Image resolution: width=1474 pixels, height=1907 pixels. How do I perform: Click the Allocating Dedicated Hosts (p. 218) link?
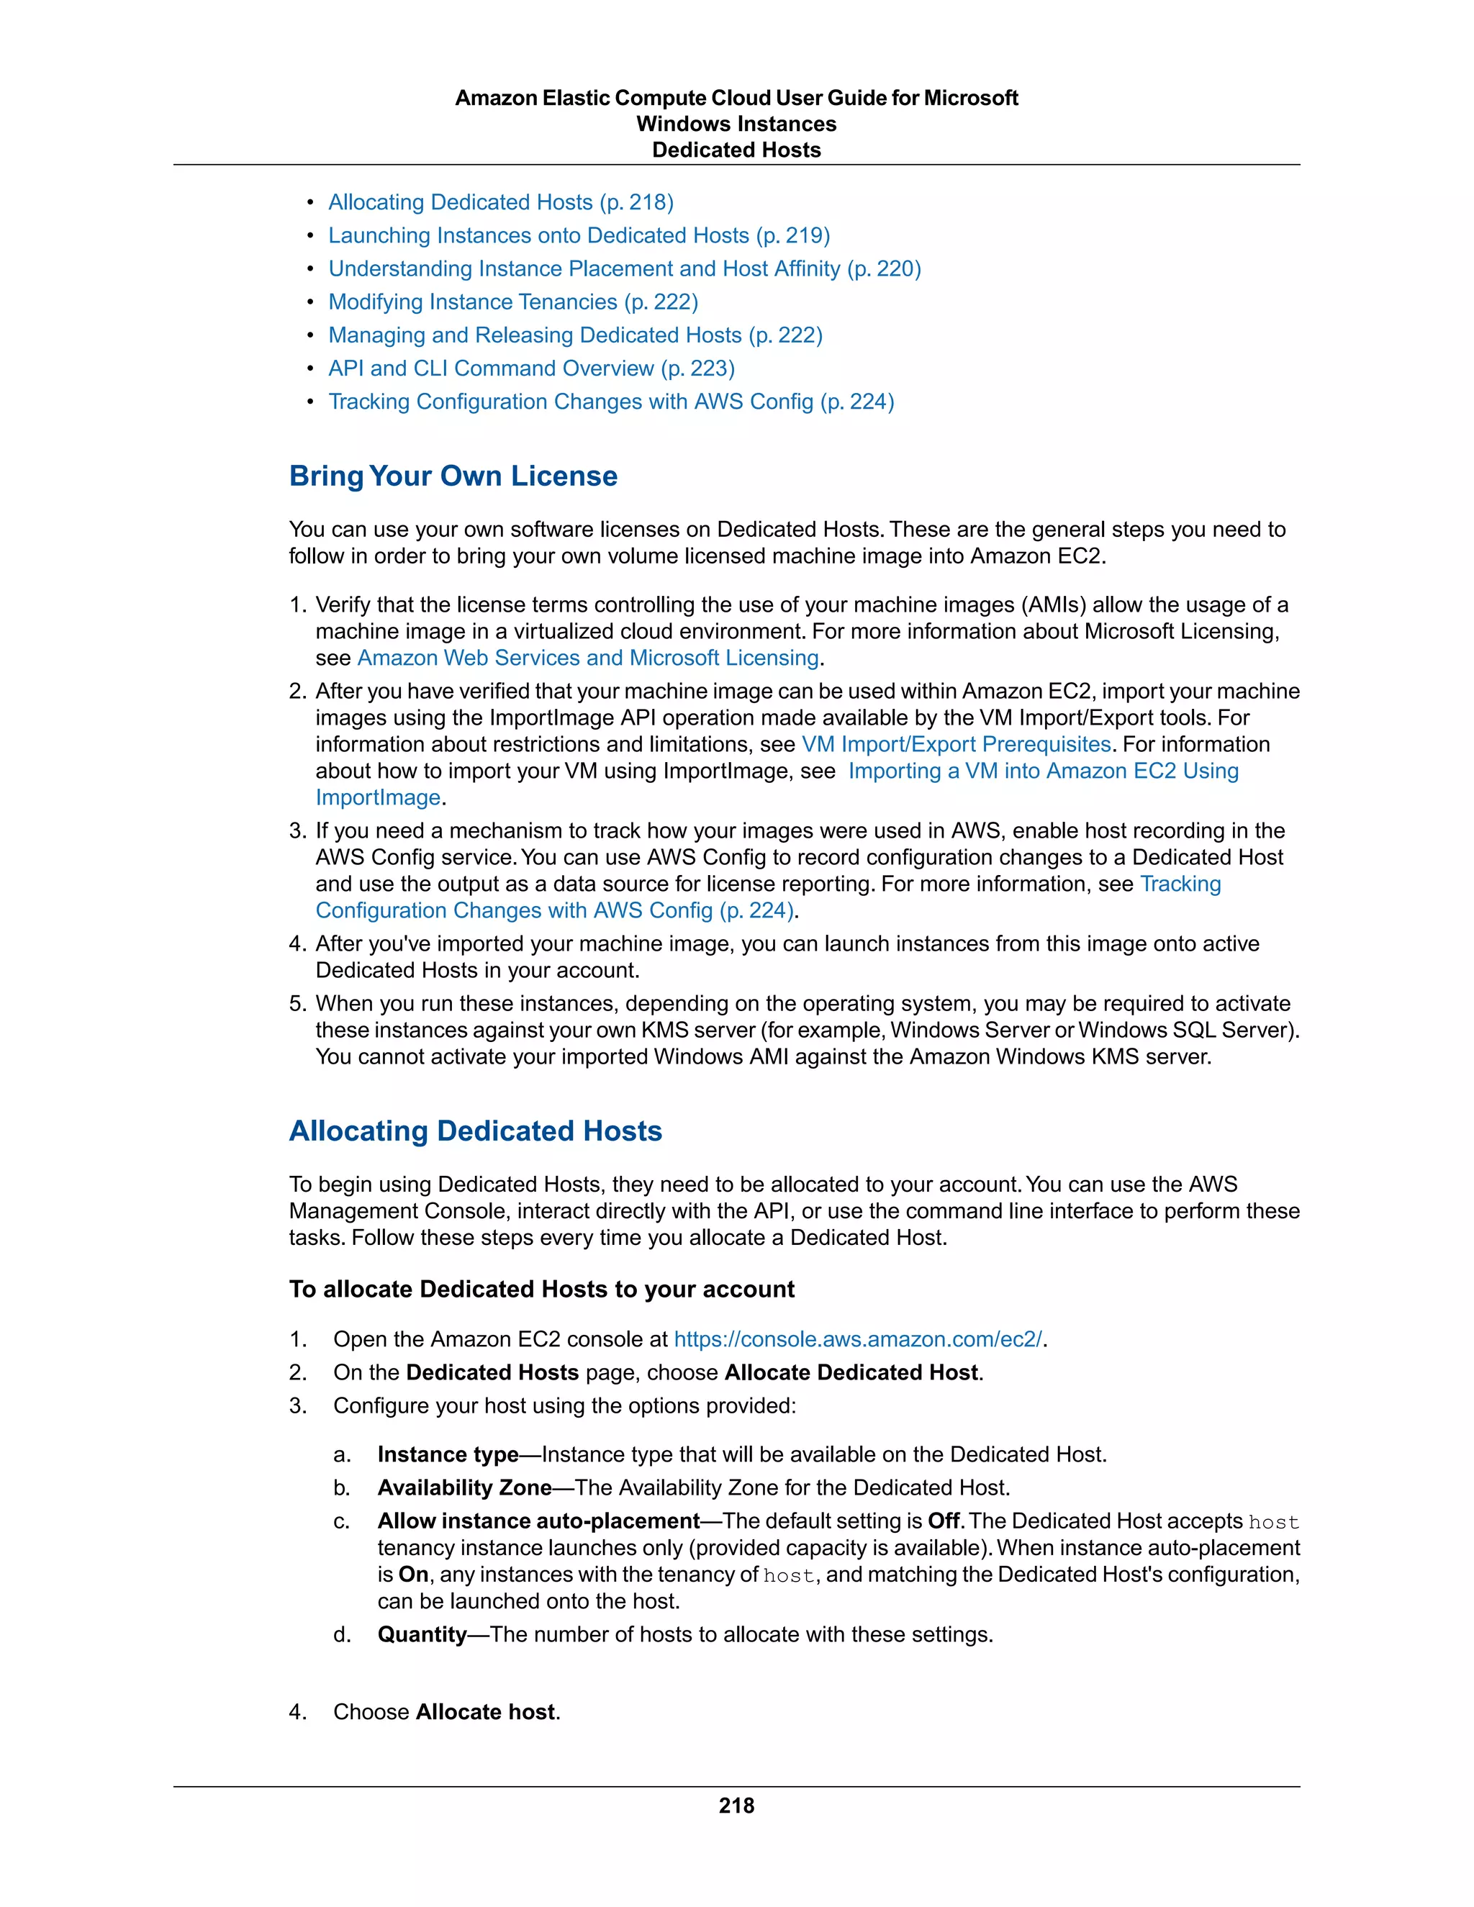coord(500,203)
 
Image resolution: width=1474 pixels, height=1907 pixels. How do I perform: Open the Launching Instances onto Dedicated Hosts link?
coord(578,236)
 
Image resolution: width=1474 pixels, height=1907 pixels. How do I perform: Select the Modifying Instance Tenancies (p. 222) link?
coord(512,302)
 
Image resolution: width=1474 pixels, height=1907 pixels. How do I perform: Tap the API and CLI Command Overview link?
coord(531,368)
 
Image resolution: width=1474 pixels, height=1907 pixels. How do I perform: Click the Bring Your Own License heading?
coord(453,476)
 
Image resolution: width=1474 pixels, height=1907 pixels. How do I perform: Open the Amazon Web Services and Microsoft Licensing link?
coord(588,658)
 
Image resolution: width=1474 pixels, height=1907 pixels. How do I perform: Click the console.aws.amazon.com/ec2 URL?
coord(857,1339)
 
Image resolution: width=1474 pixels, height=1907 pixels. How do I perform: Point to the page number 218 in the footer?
coord(736,1806)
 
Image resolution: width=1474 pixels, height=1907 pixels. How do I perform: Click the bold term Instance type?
coord(448,1454)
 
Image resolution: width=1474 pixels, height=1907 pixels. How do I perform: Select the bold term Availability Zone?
coord(464,1488)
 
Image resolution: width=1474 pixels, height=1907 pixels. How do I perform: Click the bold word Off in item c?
coord(943,1521)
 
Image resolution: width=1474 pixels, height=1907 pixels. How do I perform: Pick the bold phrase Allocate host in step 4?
coord(486,1711)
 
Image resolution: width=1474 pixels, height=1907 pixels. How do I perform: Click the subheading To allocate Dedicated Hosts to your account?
coord(541,1290)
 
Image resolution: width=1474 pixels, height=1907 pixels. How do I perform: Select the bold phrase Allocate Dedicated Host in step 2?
coord(851,1372)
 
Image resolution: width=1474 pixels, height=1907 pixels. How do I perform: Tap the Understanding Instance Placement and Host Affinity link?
coord(624,269)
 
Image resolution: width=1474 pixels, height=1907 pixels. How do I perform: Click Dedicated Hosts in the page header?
coord(736,150)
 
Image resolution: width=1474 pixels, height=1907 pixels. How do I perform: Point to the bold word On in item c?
coord(413,1575)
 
